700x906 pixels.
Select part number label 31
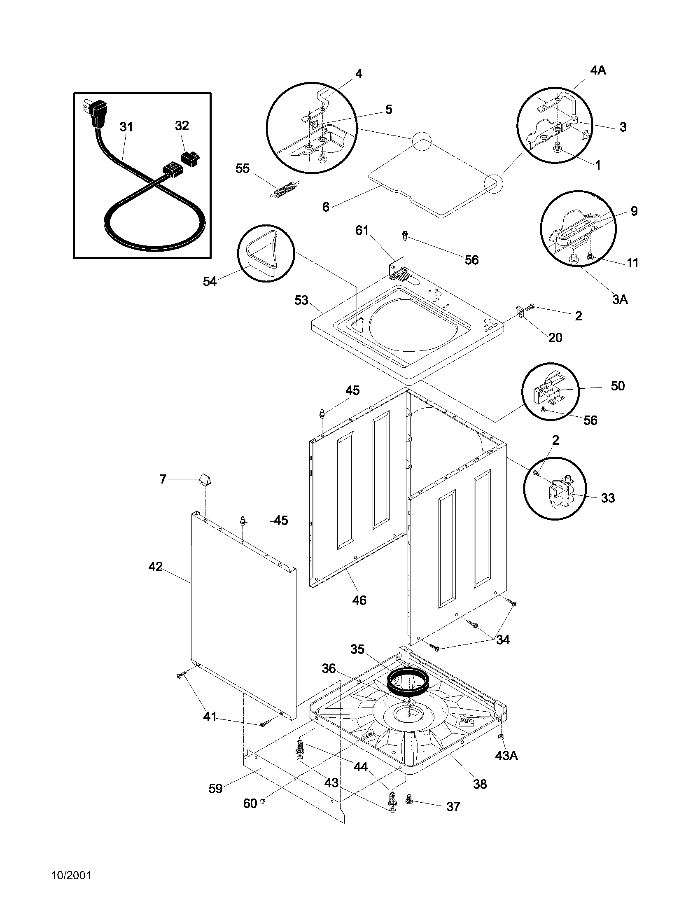coord(126,127)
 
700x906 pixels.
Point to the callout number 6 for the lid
coord(326,207)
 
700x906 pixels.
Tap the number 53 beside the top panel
coord(301,300)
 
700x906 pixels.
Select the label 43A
coord(506,755)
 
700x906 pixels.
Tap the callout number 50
coord(618,386)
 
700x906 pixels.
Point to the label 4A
coord(597,70)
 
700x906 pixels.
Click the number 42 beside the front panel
coord(156,566)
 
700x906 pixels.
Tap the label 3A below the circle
coord(620,299)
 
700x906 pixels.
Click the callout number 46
coord(359,600)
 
